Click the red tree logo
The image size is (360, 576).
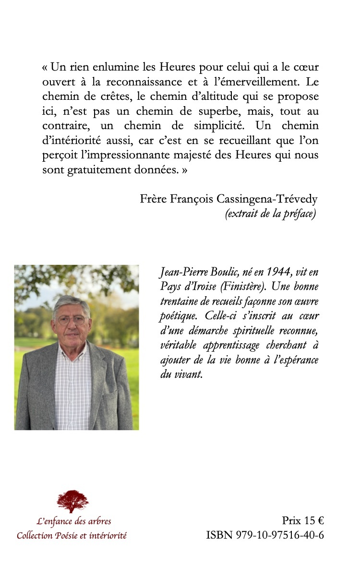[x=72, y=501]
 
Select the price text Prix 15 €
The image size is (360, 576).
[x=303, y=521]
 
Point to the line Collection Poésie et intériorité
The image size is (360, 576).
[x=72, y=535]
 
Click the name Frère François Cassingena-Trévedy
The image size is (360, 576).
[x=228, y=199]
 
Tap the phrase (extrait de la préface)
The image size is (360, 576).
[x=270, y=214]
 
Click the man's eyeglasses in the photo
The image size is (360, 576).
[x=72, y=320]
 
